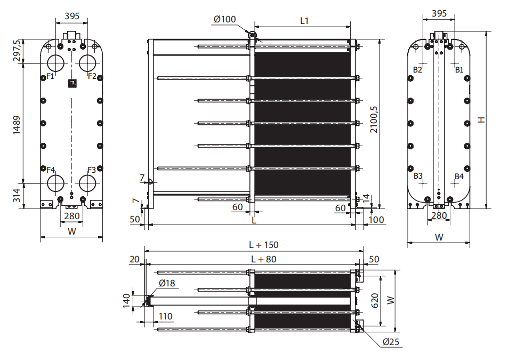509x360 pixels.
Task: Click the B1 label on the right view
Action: (459, 70)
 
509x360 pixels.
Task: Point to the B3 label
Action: (418, 176)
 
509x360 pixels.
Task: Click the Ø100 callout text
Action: (224, 20)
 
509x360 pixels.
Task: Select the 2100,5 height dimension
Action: (374, 119)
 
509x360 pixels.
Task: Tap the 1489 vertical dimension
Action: (16, 125)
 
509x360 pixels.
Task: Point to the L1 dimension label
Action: (304, 21)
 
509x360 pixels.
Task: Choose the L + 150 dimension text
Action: (264, 245)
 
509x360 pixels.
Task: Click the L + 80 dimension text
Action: (264, 259)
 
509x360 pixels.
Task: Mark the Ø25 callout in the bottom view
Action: (391, 342)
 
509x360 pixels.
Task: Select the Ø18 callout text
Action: (167, 283)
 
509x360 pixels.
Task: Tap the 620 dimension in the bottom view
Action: (375, 301)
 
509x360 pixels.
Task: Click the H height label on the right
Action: (481, 119)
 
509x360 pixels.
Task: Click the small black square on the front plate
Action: (72, 84)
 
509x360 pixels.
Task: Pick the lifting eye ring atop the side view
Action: (252, 35)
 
